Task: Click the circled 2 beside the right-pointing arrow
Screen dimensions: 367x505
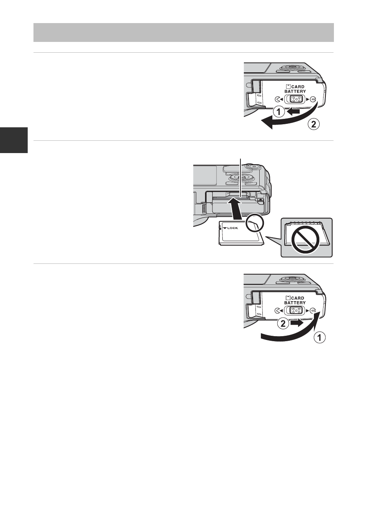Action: pos(282,324)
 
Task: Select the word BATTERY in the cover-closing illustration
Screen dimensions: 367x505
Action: pos(295,303)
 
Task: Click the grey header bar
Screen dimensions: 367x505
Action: pos(183,32)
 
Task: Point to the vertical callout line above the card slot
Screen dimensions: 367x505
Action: pos(241,177)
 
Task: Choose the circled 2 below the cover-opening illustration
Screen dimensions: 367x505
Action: pos(313,124)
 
